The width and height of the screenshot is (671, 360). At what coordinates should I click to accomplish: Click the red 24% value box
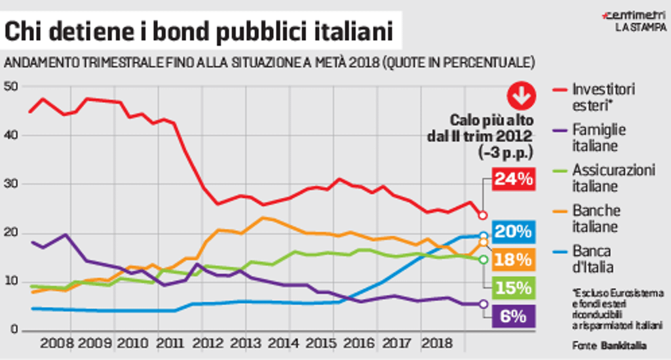(514, 178)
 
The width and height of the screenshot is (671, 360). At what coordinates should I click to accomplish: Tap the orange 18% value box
(514, 260)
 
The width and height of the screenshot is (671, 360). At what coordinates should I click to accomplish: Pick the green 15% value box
(514, 288)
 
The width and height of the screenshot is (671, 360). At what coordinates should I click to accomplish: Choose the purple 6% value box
(514, 316)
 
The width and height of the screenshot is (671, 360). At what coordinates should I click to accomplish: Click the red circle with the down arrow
(522, 96)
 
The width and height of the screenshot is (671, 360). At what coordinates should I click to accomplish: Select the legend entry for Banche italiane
(596, 218)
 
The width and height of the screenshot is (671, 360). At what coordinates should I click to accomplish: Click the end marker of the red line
(483, 215)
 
